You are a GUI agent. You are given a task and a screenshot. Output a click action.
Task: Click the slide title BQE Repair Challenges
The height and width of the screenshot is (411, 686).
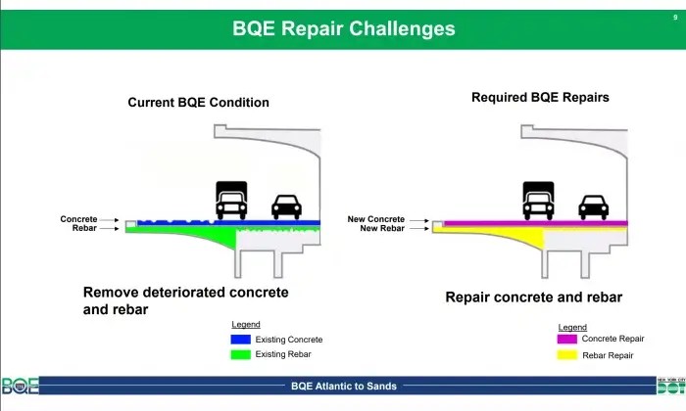(343, 28)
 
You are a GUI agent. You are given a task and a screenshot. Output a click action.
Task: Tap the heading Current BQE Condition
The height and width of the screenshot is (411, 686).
(198, 102)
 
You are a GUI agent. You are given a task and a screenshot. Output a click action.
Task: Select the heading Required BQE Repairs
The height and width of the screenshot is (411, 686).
(540, 97)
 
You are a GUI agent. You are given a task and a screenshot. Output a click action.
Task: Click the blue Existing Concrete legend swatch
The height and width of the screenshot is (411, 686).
(241, 339)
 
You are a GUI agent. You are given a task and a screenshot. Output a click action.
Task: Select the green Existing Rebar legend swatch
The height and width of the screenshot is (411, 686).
(241, 354)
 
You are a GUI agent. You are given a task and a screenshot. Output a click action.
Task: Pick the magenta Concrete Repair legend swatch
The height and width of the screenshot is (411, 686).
(567, 339)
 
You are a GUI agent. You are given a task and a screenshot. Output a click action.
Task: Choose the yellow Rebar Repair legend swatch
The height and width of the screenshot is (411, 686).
(567, 354)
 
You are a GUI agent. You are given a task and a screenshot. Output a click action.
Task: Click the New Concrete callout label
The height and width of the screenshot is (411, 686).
(375, 219)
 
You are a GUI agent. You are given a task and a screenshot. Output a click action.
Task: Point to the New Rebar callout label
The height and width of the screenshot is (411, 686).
(382, 228)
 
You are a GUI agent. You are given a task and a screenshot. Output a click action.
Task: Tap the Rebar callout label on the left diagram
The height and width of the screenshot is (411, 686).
(84, 228)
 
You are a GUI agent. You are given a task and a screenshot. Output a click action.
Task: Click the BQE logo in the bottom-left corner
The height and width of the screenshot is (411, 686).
(21, 386)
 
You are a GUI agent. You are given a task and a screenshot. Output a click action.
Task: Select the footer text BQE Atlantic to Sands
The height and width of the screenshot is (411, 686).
(344, 387)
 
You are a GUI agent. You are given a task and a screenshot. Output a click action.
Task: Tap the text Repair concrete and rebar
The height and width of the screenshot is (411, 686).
(534, 297)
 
